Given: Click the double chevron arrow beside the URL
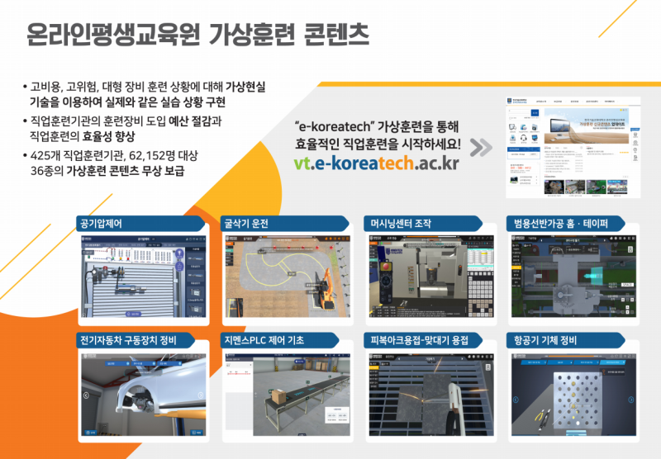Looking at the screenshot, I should pos(481,147).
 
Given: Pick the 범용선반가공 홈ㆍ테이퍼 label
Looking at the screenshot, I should pos(560,224).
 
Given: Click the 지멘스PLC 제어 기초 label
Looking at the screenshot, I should pos(268,339).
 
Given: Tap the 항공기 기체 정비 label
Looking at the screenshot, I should pos(544,339).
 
